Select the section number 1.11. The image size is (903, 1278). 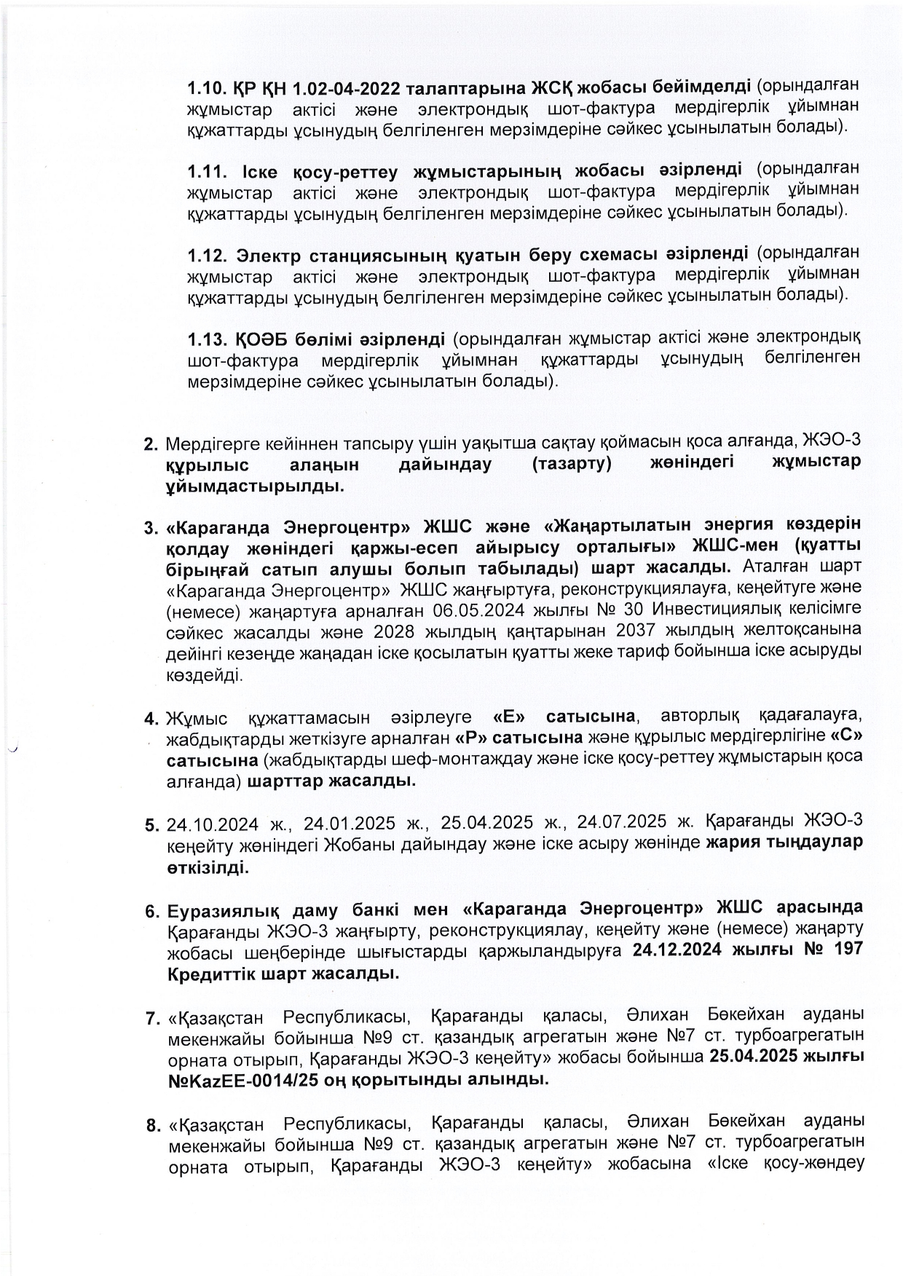(x=208, y=172)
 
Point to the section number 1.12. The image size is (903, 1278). (x=208, y=256)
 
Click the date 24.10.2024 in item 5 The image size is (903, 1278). (x=213, y=824)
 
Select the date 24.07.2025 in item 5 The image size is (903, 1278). (x=621, y=822)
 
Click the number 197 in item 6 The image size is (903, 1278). (x=844, y=950)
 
